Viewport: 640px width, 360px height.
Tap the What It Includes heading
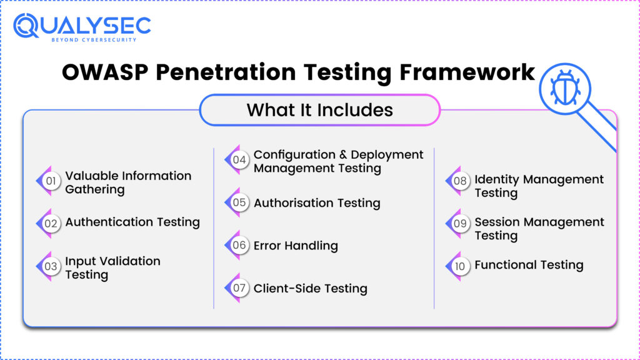pos(319,110)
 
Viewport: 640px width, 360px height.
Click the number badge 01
pos(51,182)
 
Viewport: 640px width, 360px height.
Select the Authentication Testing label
pos(132,222)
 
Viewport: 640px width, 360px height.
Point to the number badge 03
pos(51,267)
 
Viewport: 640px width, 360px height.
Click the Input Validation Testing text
pos(112,267)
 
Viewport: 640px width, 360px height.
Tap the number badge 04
pos(239,160)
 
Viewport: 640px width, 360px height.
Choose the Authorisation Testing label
pos(317,203)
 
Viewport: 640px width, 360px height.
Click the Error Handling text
pos(296,246)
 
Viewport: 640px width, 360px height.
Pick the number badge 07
pos(239,288)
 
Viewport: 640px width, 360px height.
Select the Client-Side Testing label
pos(310,288)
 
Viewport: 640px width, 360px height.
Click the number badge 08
pos(461,181)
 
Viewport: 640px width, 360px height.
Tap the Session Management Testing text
pos(539,229)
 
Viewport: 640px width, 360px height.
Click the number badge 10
pos(461,266)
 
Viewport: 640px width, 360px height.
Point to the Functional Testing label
pos(529,265)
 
